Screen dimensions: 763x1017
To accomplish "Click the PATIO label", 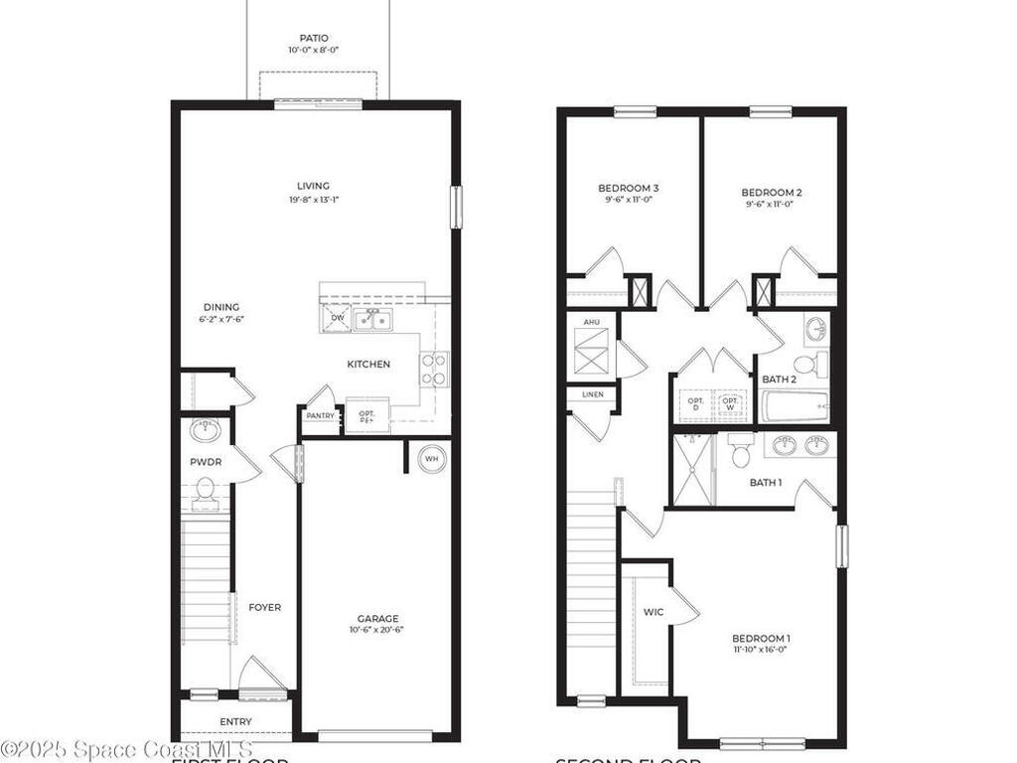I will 314,39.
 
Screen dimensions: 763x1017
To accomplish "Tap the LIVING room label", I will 313,186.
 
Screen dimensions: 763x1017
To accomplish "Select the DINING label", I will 221,307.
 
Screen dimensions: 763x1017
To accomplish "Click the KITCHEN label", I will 368,365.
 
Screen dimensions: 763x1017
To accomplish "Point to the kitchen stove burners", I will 434,369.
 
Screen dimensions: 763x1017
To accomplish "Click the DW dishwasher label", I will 338,318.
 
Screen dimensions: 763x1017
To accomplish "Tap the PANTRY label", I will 320,416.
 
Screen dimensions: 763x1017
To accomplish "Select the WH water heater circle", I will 431,458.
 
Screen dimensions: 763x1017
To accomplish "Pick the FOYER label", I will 264,607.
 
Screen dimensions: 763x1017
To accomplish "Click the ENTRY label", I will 235,721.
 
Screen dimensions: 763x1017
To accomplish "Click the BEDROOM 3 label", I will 629,188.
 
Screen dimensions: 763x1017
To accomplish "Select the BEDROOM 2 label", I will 772,193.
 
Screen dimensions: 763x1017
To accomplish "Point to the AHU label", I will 591,323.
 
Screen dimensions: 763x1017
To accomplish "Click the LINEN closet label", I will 592,395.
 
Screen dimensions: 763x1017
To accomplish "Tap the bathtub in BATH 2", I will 795,406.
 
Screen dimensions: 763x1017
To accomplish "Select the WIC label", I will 654,612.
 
